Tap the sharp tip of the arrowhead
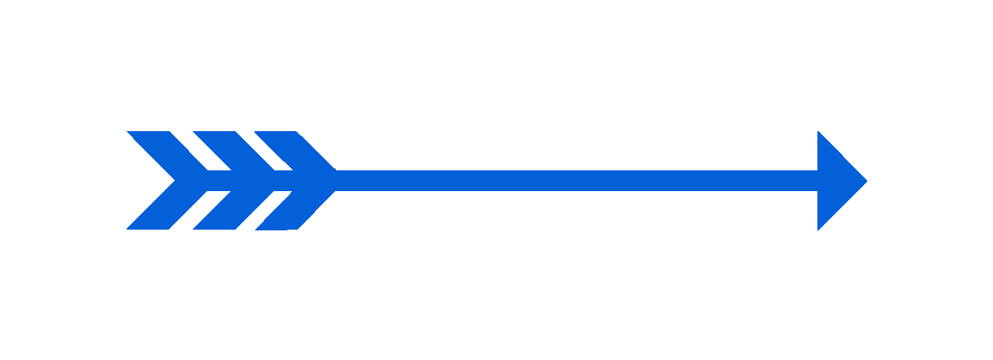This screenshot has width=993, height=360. [x=866, y=181]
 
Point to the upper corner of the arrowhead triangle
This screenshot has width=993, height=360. [x=819, y=134]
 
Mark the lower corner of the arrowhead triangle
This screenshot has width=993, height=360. [x=819, y=227]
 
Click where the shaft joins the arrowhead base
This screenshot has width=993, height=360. [x=817, y=181]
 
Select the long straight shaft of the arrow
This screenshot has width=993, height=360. [x=578, y=181]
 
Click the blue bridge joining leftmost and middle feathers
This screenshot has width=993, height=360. [x=219, y=181]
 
